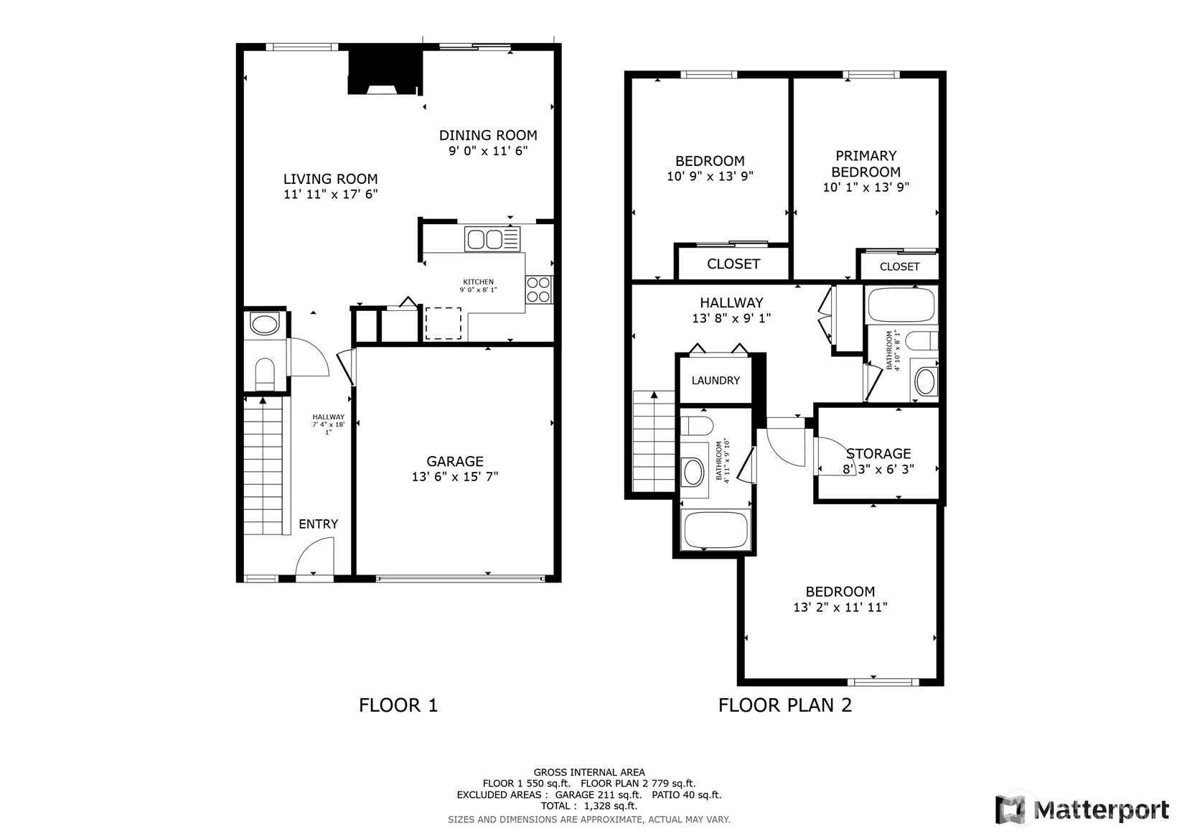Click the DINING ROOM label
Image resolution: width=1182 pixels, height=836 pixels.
click(x=488, y=135)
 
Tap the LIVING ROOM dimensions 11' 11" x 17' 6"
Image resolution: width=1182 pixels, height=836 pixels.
click(x=331, y=195)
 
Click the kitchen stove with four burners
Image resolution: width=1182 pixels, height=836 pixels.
click(x=539, y=289)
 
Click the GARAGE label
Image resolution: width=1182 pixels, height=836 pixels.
click(x=455, y=461)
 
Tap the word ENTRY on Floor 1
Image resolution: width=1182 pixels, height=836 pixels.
click(x=318, y=524)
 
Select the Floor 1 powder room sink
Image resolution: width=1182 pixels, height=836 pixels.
click(x=264, y=324)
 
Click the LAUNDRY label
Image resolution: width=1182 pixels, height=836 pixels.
click(x=716, y=380)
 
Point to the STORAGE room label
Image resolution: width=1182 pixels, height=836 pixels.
click(x=878, y=454)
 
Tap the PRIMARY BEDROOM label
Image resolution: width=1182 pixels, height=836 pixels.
click(x=866, y=164)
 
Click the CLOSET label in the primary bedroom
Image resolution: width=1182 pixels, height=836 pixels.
click(x=900, y=266)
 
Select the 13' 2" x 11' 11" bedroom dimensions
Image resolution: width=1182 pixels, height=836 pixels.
click(x=840, y=608)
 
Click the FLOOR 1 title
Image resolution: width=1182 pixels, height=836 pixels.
click(x=398, y=705)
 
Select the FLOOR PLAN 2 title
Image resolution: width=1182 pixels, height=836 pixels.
click(x=785, y=705)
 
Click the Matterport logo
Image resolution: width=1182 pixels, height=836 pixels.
click(x=1082, y=809)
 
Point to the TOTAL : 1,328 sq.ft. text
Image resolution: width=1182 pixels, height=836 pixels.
click(x=589, y=806)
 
